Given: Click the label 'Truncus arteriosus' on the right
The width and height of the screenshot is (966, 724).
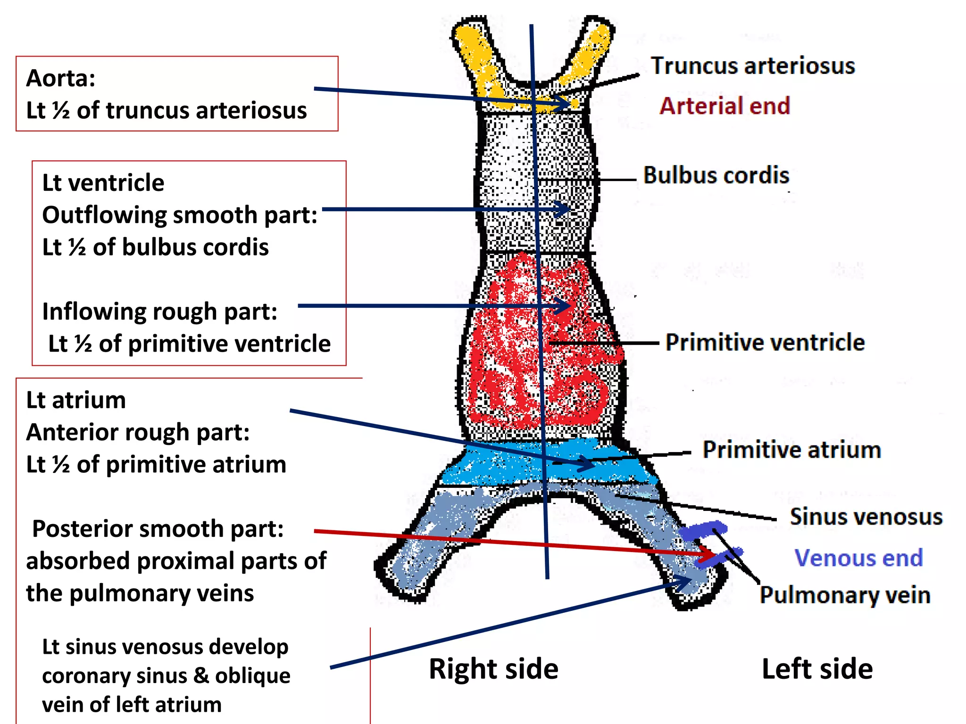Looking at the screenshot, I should click(753, 66).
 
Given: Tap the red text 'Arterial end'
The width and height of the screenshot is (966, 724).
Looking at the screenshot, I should click(724, 106).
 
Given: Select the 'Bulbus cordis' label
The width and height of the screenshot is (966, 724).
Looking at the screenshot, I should click(716, 175).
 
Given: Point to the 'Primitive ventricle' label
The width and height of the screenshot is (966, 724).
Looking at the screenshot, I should click(765, 343).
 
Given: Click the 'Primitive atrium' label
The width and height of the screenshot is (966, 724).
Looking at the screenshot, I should click(791, 450).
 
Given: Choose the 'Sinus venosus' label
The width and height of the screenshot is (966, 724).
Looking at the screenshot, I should click(866, 517).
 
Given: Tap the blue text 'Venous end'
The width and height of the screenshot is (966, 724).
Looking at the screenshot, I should click(858, 559).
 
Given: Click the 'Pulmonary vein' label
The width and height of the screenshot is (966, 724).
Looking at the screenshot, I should click(845, 595).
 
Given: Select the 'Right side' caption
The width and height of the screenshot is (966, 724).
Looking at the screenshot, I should click(493, 669).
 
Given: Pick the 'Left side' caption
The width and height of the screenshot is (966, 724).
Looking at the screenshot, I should click(817, 669).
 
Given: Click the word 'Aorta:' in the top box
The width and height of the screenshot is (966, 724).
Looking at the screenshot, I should click(61, 78).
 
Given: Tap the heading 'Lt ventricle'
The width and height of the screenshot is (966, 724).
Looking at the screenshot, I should click(103, 183).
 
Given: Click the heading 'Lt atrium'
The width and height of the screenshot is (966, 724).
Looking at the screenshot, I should click(76, 400).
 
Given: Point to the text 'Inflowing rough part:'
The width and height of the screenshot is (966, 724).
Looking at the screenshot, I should click(159, 312).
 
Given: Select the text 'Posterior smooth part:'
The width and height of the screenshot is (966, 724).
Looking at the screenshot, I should click(158, 529).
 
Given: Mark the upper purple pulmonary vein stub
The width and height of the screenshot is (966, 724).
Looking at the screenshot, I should click(703, 531).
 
